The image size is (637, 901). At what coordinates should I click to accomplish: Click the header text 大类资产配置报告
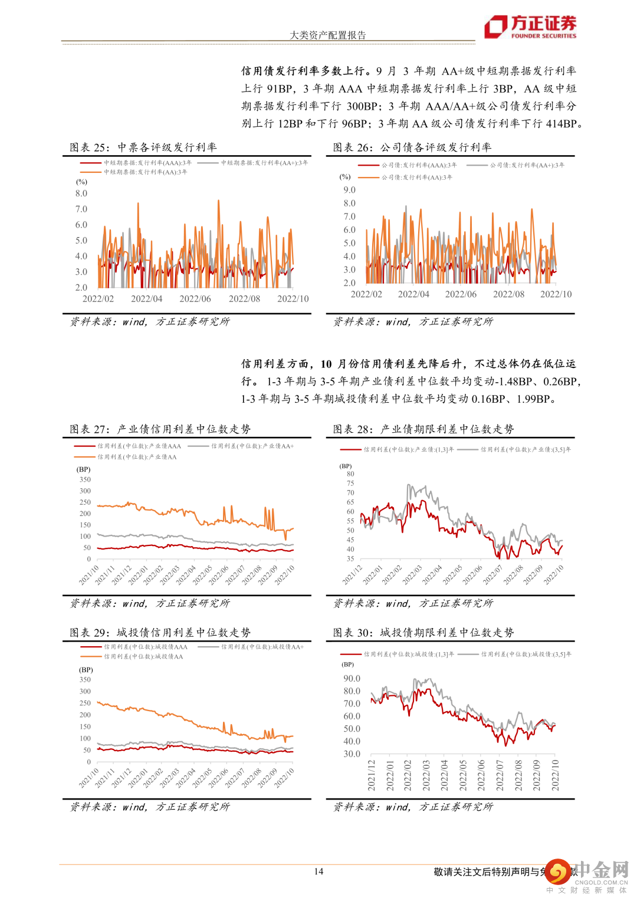pyautogui.click(x=327, y=35)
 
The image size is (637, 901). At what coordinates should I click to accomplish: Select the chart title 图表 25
pyautogui.click(x=143, y=147)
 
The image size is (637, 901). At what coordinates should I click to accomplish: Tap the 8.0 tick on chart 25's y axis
pyautogui.click(x=81, y=193)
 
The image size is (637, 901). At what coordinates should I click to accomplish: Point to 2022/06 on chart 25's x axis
pyautogui.click(x=195, y=299)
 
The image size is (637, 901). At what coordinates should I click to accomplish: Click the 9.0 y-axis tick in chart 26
pyautogui.click(x=349, y=190)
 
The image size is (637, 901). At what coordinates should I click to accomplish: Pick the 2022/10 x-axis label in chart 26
pyautogui.click(x=556, y=294)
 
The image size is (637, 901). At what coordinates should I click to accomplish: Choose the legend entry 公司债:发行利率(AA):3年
pyautogui.click(x=416, y=177)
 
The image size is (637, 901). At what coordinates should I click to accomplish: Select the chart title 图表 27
pyautogui.click(x=160, y=429)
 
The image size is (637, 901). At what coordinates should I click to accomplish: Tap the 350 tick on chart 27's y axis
pyautogui.click(x=85, y=479)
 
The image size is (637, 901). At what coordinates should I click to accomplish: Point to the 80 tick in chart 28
pyautogui.click(x=350, y=474)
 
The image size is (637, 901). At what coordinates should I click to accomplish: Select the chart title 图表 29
pyautogui.click(x=160, y=632)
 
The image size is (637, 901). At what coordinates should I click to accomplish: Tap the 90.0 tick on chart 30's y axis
pyautogui.click(x=352, y=679)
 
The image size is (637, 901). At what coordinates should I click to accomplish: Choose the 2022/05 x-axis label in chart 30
pyautogui.click(x=462, y=775)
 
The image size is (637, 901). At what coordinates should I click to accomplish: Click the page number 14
pyautogui.click(x=318, y=872)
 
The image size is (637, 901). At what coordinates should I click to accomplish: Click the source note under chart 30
pyautogui.click(x=413, y=807)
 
